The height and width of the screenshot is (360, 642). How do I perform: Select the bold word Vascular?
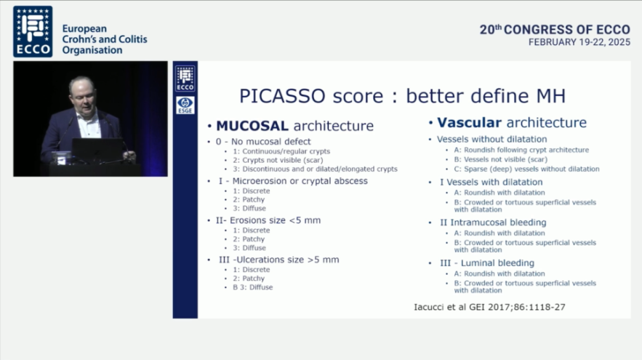click(x=469, y=122)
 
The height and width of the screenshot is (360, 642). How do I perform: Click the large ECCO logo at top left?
click(x=33, y=31)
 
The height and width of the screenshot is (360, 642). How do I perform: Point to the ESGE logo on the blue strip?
click(x=185, y=105)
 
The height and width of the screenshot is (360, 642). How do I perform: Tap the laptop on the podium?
click(x=97, y=151)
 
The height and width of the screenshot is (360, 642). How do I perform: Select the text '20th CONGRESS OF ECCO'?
click(x=555, y=30)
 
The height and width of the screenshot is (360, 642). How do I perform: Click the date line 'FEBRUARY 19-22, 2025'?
click(x=579, y=42)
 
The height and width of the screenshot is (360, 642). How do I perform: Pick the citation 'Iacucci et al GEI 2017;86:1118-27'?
click(x=490, y=307)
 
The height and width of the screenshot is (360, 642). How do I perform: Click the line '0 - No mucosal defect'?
click(x=263, y=142)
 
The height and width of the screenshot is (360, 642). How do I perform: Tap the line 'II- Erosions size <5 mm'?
click(x=268, y=220)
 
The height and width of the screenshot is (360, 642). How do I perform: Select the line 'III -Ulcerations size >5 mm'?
click(x=278, y=260)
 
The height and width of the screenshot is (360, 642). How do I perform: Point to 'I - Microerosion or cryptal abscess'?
click(x=293, y=181)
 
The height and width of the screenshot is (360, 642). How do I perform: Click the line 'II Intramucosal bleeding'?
click(x=493, y=223)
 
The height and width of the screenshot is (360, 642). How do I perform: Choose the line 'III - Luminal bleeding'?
click(x=487, y=263)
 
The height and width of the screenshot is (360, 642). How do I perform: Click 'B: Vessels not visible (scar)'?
click(x=501, y=159)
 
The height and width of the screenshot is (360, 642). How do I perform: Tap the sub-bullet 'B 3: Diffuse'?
click(x=252, y=287)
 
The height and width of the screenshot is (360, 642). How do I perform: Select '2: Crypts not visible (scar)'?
click(x=278, y=160)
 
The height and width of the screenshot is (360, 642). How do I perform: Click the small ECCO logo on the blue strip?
click(x=185, y=79)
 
